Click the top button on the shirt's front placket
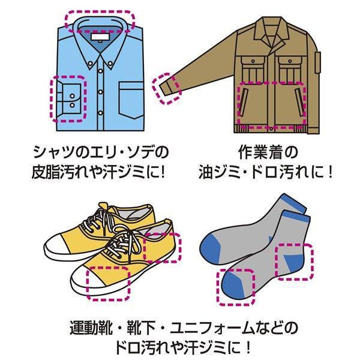[x=101, y=71]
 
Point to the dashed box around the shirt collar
[x=100, y=11]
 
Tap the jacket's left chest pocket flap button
[x=253, y=61]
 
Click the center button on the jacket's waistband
[x=271, y=129]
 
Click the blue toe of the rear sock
[x=210, y=250]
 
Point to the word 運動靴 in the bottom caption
[x=91, y=328]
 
